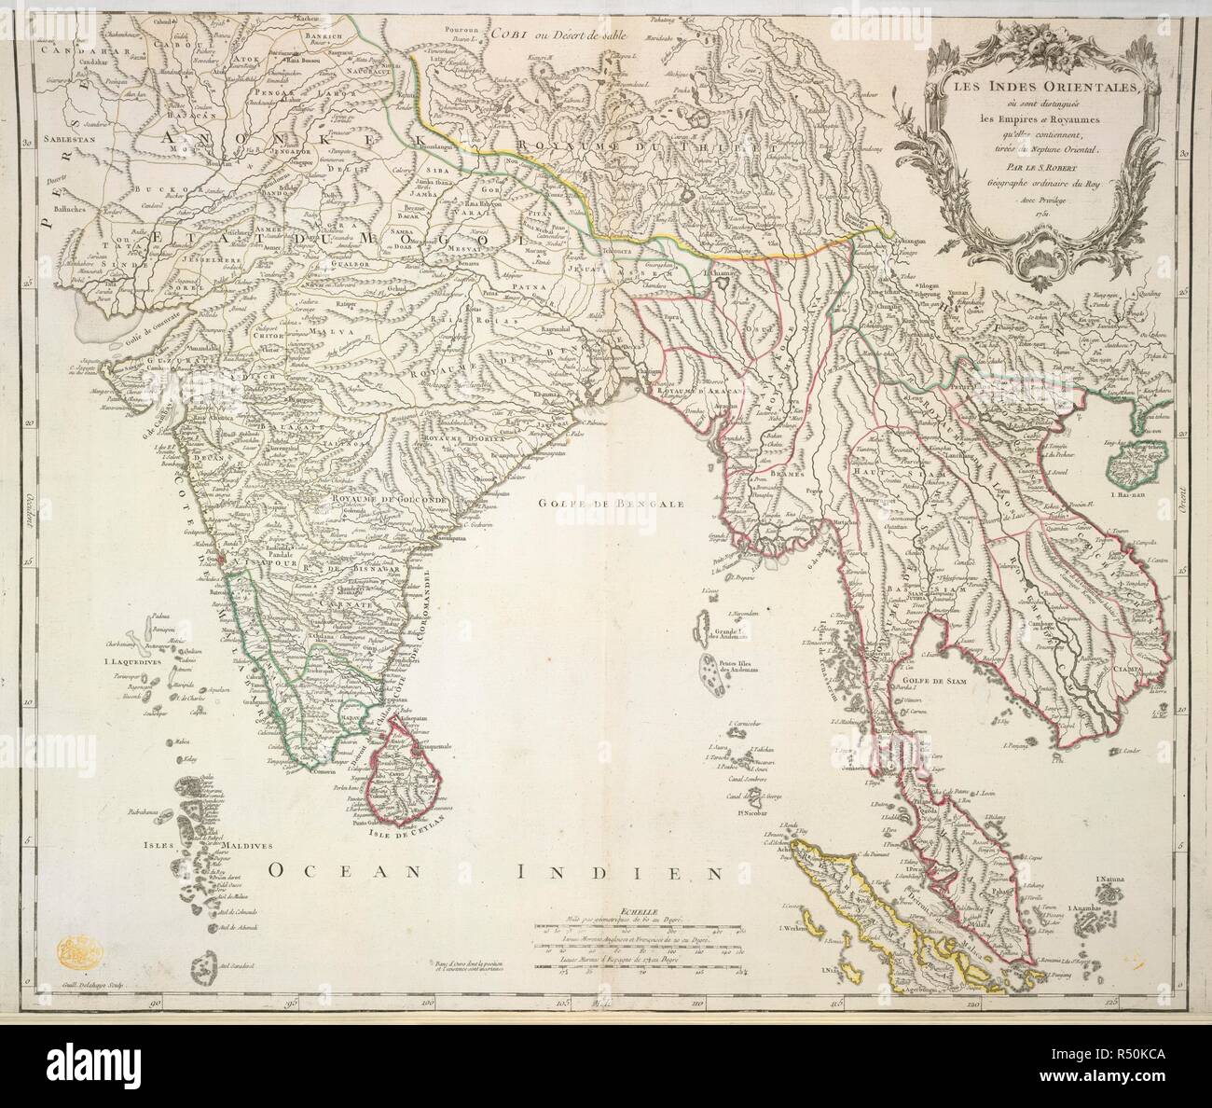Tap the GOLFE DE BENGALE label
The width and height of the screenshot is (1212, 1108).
[582, 502]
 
